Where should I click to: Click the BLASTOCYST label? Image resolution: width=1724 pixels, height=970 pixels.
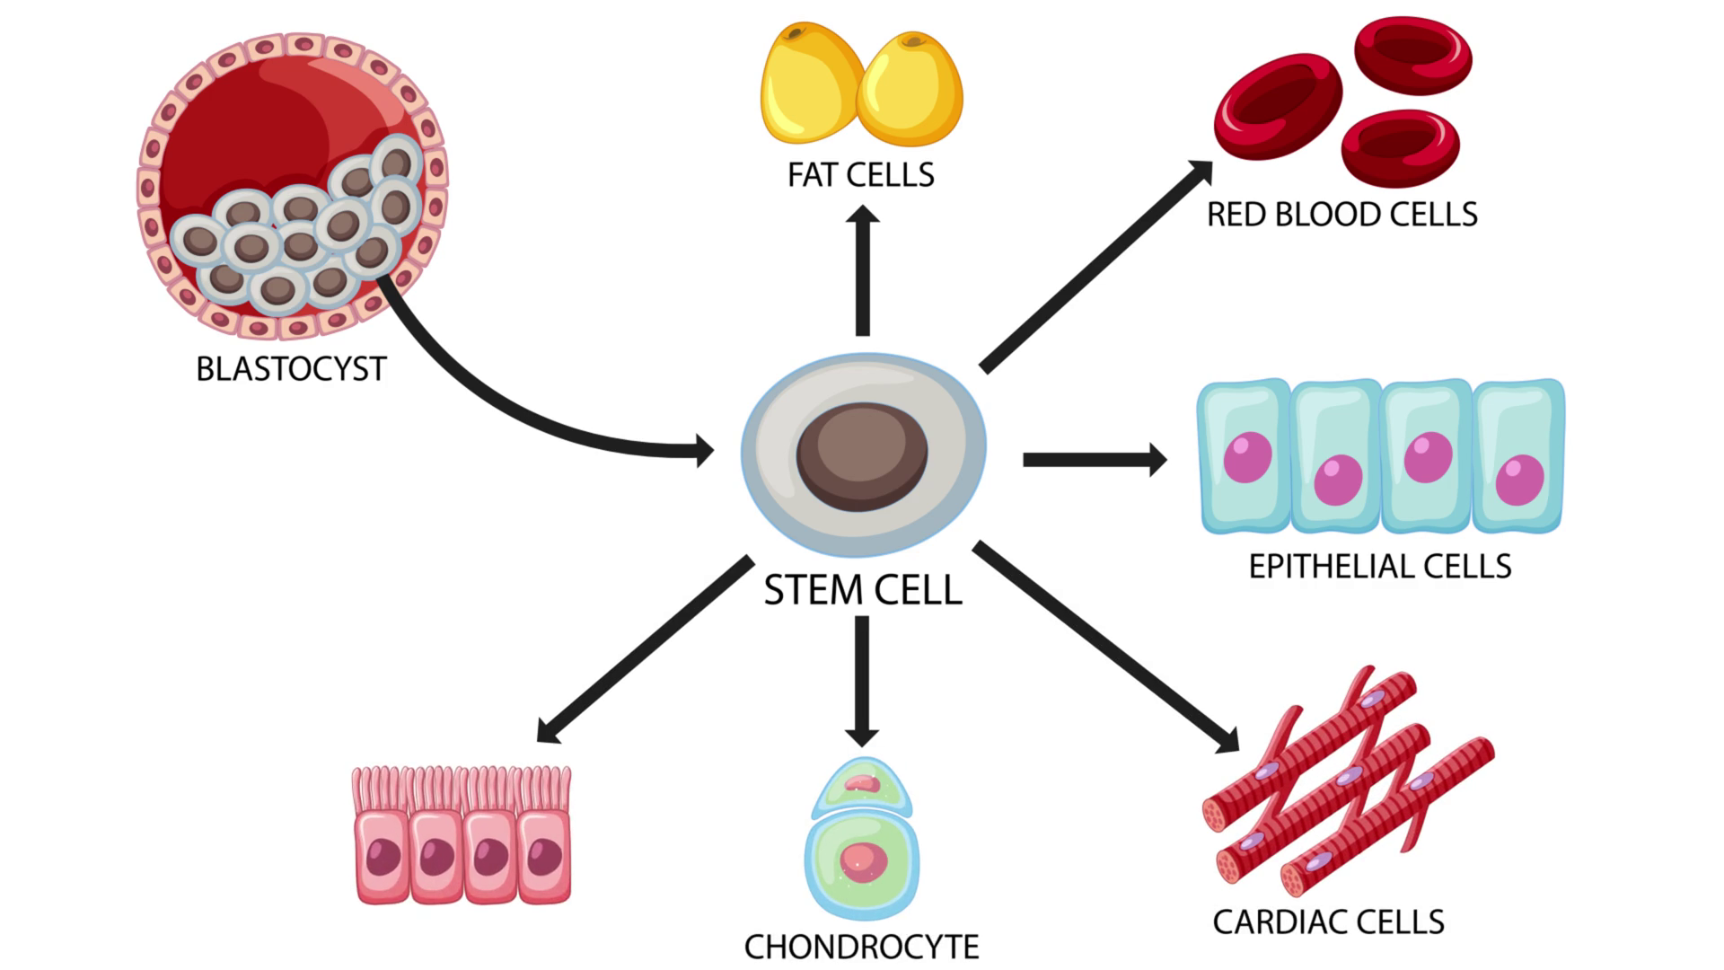click(x=291, y=369)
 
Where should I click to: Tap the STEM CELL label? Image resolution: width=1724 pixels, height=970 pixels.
click(x=862, y=590)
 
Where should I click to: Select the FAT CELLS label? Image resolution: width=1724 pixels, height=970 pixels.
click(x=860, y=174)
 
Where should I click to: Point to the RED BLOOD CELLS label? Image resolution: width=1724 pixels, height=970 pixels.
click(x=1341, y=215)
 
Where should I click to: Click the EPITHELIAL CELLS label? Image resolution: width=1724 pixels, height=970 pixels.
click(x=1380, y=567)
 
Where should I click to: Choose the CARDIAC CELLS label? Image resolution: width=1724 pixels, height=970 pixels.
click(x=1328, y=921)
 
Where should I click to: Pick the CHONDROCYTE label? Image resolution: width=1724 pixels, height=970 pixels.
click(x=861, y=947)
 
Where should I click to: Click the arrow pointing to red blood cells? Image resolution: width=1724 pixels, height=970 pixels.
click(x=1095, y=266)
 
